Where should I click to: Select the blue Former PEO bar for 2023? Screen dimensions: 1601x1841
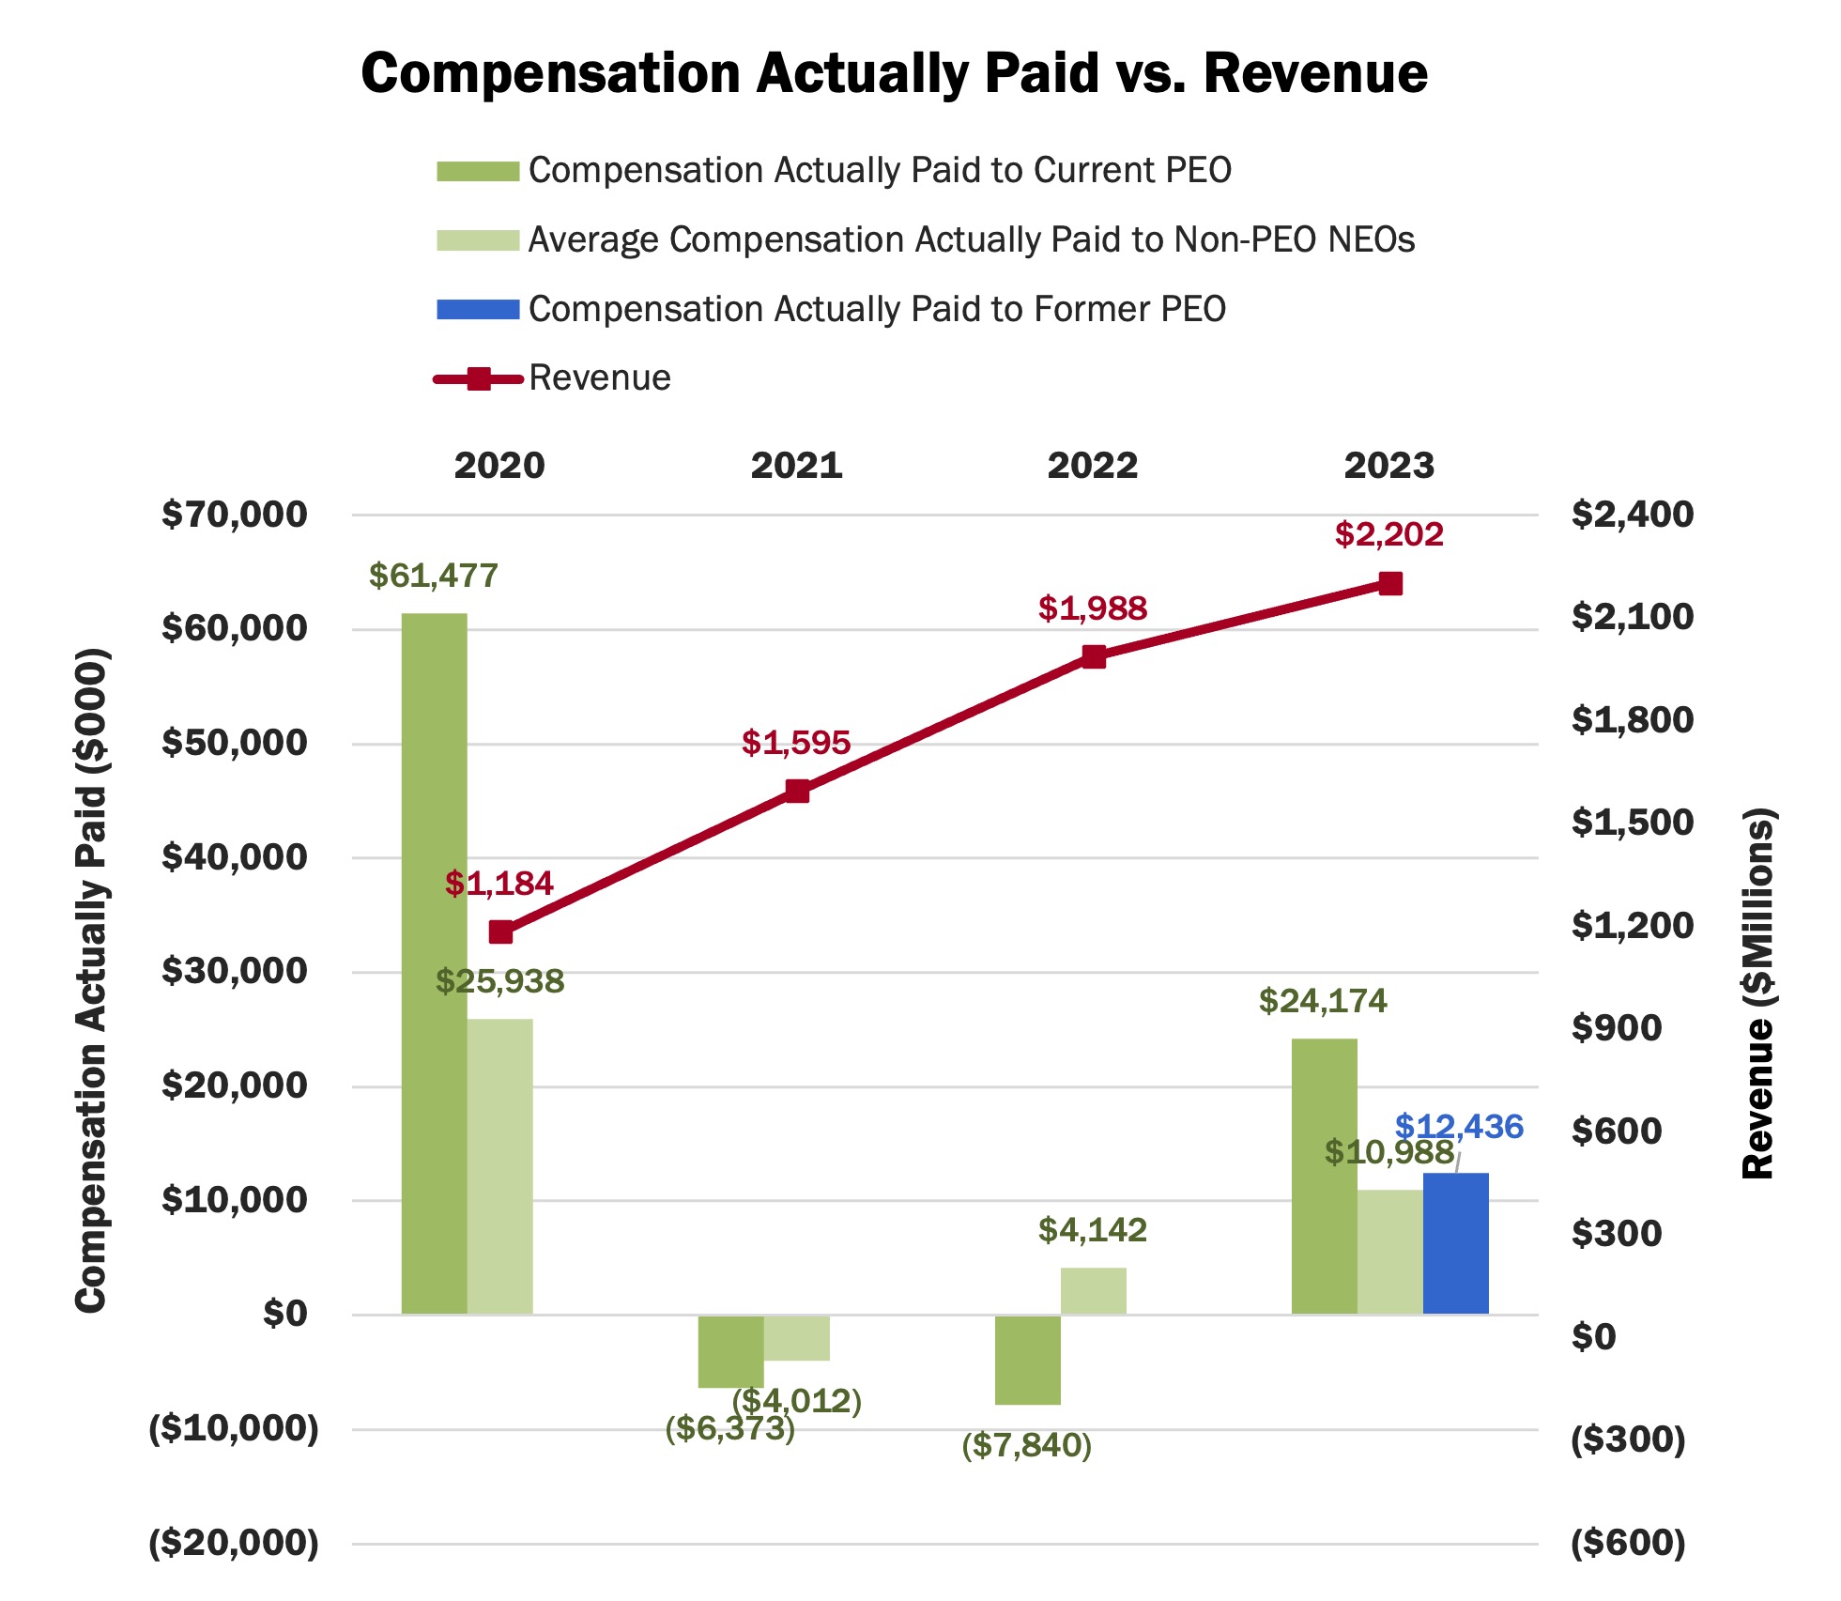tap(1455, 1243)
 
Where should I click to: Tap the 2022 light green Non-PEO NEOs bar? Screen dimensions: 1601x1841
tap(1093, 1291)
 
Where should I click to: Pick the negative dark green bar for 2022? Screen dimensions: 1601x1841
tap(1027, 1360)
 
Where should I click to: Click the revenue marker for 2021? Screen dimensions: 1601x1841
tap(797, 791)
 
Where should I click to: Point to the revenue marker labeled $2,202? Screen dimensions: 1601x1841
tap(1390, 584)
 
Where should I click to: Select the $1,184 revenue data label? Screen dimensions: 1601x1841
tap(499, 884)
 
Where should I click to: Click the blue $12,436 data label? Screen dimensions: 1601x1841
tap(1458, 1126)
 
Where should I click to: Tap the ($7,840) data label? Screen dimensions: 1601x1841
tap(1026, 1445)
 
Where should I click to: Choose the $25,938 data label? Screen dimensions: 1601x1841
tap(499, 981)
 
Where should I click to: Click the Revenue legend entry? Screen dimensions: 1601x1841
tap(599, 378)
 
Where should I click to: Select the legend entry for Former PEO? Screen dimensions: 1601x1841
tap(876, 309)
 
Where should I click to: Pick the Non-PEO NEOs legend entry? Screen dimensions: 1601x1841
tap(971, 239)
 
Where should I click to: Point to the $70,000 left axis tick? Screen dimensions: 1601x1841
tap(234, 515)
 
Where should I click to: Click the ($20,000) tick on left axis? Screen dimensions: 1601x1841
tap(234, 1543)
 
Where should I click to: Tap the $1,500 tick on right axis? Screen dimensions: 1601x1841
tap(1632, 823)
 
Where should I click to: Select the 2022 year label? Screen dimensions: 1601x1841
tap(1093, 466)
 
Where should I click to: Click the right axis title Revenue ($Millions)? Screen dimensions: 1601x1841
tap(1757, 993)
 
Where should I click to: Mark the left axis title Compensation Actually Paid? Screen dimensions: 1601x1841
tap(91, 980)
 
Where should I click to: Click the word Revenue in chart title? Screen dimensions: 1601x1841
tap(1315, 73)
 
